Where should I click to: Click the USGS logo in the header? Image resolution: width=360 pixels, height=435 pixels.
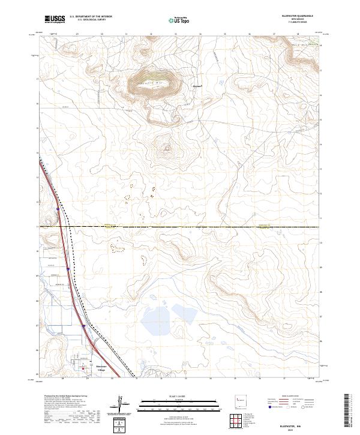[x=55, y=20]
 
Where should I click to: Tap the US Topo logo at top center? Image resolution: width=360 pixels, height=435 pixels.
[x=178, y=20]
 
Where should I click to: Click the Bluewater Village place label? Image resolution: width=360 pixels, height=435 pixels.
[x=101, y=367]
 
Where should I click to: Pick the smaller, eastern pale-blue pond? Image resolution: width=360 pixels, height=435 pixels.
[x=182, y=313]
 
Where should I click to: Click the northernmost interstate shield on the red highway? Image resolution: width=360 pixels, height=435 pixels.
[x=58, y=209]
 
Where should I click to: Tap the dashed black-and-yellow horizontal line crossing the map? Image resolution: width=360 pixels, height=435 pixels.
[x=180, y=227]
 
